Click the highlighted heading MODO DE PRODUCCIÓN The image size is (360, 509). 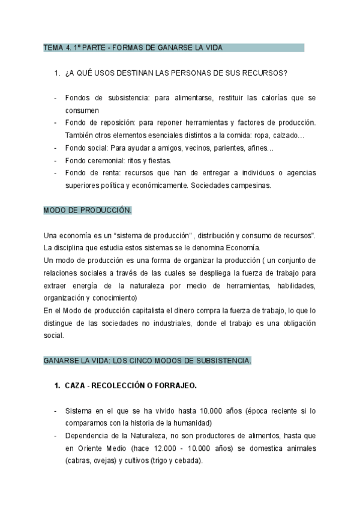(x=88, y=211)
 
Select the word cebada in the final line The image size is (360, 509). (x=189, y=461)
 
